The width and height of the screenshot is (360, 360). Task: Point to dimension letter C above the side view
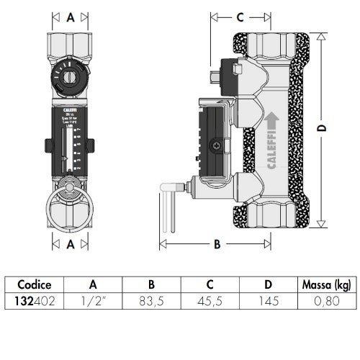pyautogui.click(x=240, y=16)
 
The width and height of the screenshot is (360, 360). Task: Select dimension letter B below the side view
pyautogui.click(x=215, y=244)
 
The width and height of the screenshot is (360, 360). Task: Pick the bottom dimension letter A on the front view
pyautogui.click(x=70, y=244)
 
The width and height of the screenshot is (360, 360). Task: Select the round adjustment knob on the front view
pyautogui.click(x=70, y=76)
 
